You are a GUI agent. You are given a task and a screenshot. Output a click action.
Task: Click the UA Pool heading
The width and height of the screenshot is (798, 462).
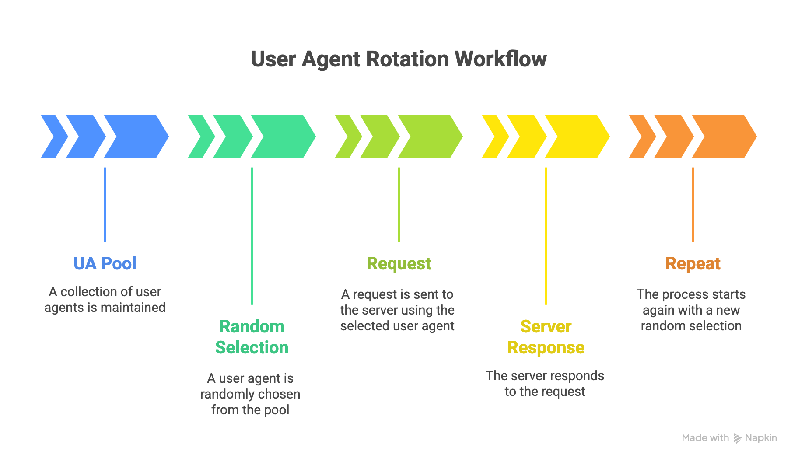(105, 263)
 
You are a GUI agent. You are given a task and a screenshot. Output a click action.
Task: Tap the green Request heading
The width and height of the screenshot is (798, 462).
(399, 263)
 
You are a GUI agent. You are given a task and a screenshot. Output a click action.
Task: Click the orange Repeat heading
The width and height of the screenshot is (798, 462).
(693, 263)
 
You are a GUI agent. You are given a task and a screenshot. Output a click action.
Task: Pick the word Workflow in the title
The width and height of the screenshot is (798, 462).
(500, 59)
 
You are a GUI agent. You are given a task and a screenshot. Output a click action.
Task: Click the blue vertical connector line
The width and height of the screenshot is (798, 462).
(105, 204)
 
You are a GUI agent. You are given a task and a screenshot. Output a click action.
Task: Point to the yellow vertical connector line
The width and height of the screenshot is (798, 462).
(546, 236)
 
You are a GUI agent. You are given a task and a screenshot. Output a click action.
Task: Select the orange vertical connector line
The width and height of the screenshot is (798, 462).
(693, 204)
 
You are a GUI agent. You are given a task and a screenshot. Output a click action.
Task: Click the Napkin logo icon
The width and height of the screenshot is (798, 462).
(737, 438)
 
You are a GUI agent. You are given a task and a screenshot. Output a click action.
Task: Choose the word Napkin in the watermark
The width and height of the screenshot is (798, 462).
(761, 438)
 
